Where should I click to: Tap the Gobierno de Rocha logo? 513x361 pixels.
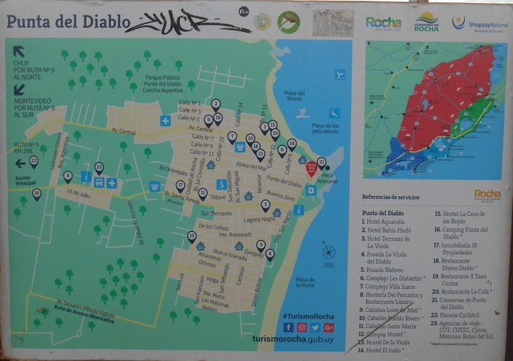coord(426,21)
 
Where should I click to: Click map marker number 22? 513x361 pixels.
coord(34,161)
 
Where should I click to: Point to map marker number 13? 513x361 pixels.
coord(192,236)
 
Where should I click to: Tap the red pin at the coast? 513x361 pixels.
coord(311,168)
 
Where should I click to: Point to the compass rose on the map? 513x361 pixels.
coord(329,253)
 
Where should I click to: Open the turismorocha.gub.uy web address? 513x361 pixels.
coord(293,340)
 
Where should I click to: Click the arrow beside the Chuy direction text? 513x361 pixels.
coord(18,51)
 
